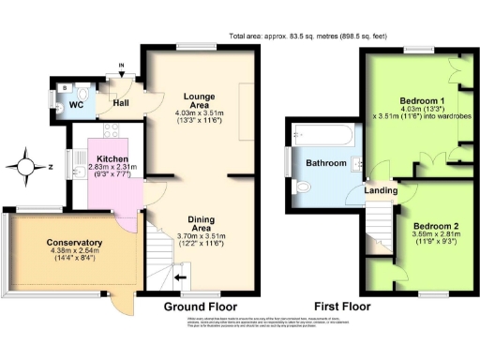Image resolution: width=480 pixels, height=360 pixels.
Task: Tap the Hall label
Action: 121,103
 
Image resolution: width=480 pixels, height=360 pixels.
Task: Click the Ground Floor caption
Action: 200,307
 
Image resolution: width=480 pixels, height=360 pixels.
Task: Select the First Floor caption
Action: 341,307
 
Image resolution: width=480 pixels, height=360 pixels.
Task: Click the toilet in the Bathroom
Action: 303,187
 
